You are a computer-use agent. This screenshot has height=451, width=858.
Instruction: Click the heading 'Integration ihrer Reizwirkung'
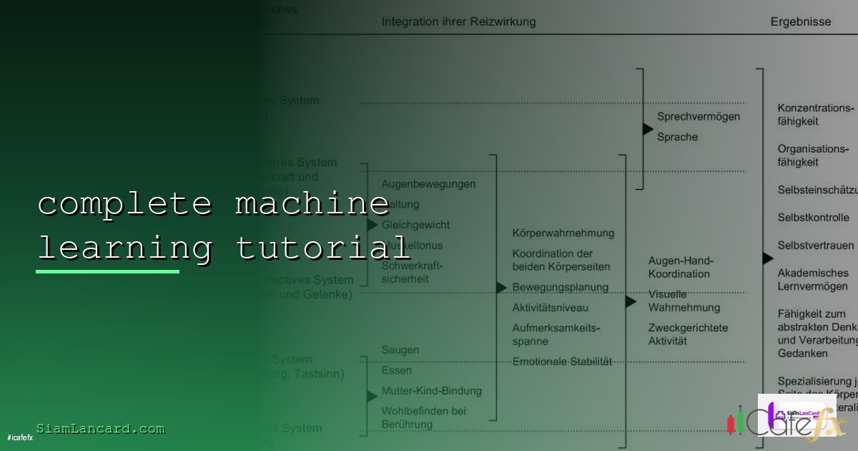458,21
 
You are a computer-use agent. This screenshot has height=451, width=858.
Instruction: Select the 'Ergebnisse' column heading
800,21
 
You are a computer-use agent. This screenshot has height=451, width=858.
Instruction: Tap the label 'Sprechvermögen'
699,116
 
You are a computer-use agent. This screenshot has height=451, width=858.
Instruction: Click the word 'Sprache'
677,137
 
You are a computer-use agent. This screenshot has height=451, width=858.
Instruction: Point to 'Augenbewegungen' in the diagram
428,184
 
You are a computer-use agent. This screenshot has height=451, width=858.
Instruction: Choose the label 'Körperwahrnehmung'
563,233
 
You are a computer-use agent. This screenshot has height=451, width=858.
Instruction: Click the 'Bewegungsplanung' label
560,287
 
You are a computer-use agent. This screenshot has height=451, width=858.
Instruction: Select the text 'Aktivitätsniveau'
550,308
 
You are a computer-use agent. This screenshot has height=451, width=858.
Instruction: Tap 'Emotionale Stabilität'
562,362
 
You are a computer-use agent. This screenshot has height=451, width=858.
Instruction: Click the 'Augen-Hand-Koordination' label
680,267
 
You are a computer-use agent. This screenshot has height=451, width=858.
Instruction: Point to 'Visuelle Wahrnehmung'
684,301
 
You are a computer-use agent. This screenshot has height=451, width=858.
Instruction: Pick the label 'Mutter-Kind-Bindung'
431,391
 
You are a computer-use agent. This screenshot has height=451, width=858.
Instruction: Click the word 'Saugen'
400,350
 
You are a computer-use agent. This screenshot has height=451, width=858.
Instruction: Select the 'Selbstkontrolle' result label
814,218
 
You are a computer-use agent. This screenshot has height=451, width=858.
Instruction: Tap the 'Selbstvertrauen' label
816,246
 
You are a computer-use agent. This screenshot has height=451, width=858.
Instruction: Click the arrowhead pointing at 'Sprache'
648,130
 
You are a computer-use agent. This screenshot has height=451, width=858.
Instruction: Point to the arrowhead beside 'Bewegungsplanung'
501,288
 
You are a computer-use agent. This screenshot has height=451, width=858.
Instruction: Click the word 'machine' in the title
312,204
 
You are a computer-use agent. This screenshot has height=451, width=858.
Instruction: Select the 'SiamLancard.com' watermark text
101,429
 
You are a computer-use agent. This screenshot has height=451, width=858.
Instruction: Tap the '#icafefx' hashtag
20,437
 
